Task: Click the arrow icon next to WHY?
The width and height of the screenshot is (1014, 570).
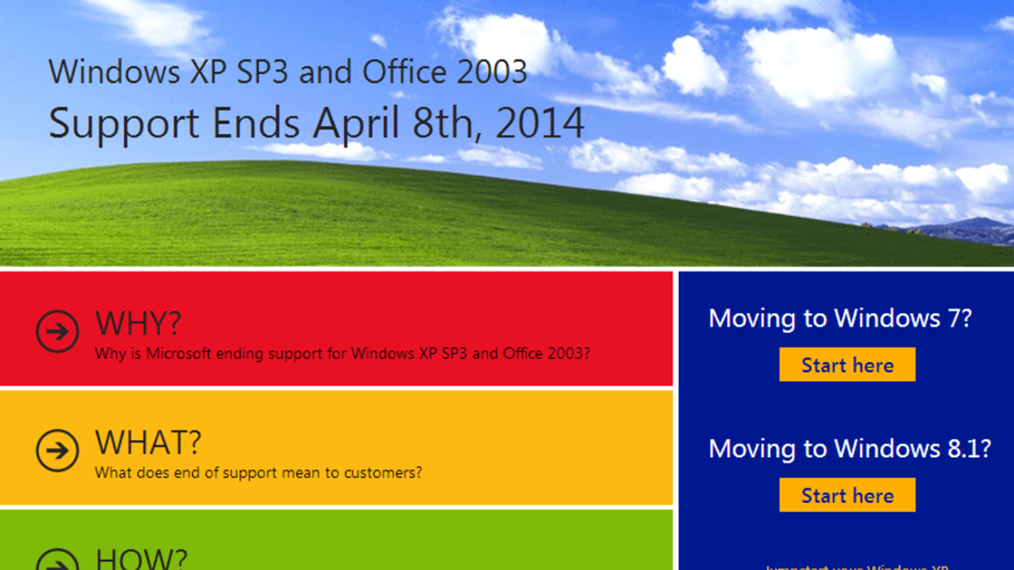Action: pos(57,331)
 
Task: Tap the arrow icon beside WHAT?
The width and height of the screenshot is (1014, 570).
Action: pos(57,450)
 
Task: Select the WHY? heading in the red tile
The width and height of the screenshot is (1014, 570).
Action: pos(138,323)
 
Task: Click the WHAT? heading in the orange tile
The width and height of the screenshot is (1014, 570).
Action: pos(148,442)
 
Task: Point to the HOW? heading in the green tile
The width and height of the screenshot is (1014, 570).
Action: pos(141,559)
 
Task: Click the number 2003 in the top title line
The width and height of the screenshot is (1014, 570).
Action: pos(492,72)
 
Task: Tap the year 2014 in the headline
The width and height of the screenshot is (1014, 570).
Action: pos(539,123)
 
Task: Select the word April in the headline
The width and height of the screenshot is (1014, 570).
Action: pos(356,123)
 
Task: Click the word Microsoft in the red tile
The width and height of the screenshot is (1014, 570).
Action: pos(179,353)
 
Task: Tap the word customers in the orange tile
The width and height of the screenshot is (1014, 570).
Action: pos(380,472)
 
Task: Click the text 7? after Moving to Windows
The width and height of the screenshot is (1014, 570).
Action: pos(959,318)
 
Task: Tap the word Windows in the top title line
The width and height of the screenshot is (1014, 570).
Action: pos(114,72)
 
